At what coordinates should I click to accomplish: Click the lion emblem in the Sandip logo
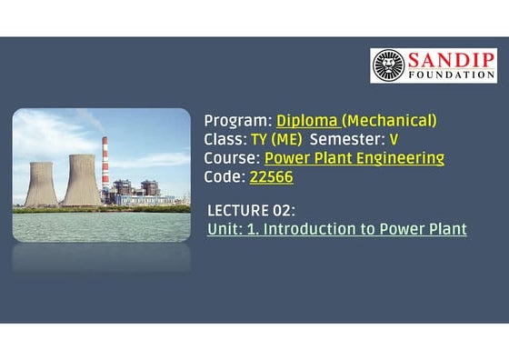tap(388, 65)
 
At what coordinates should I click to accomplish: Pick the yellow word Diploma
tap(306, 121)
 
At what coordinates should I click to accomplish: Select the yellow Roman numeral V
tap(394, 140)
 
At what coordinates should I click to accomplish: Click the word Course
tap(231, 158)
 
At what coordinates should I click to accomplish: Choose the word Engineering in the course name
tap(400, 158)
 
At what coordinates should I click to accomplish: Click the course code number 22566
tap(271, 177)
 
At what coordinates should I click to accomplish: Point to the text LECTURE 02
tap(251, 209)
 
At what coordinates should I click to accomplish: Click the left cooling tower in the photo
tap(41, 184)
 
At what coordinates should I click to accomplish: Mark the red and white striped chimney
tap(105, 168)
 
